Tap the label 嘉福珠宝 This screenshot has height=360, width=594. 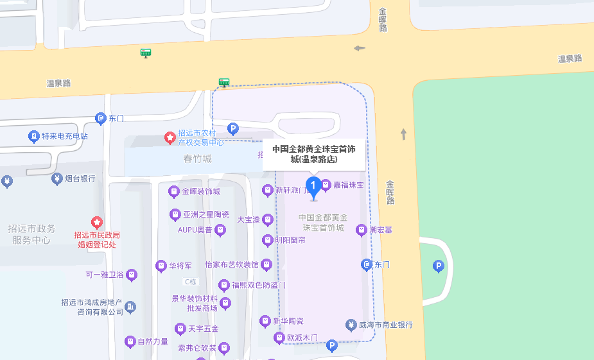coord(348,185)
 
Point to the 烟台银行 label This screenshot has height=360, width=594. coord(79,178)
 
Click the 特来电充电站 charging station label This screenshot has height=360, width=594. coord(64,136)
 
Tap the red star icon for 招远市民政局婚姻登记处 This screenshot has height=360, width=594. coord(97,222)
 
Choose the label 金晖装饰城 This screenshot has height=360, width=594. coord(200,191)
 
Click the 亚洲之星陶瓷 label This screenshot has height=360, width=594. coord(205,214)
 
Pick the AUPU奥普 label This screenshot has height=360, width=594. coord(195,229)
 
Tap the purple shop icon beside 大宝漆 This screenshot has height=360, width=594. coord(268,220)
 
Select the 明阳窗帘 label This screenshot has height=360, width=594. coord(290,241)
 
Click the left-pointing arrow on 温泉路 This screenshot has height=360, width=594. coord(359,47)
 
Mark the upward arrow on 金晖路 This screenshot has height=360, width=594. coord(403,133)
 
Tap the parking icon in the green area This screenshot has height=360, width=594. coord(439,266)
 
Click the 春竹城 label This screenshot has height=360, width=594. coord(197,159)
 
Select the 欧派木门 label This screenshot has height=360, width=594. coord(302,338)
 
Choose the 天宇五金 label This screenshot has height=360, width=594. coord(203,329)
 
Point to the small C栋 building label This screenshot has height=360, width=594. coord(190,281)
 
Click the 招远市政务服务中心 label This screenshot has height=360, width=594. coord(31,234)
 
